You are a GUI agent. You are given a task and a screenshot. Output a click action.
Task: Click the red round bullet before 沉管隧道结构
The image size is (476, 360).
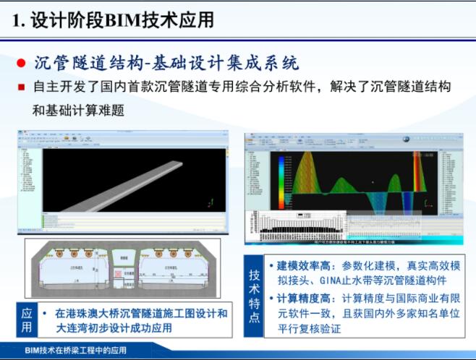coord(22,64)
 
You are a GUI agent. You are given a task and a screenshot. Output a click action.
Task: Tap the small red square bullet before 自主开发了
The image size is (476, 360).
coord(22,87)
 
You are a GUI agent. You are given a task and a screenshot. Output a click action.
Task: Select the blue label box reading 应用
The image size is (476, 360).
coord(27,321)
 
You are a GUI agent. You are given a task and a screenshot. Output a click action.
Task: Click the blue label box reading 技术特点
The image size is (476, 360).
coord(255,296)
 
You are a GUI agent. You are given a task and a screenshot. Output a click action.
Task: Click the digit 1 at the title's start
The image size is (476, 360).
coord(16,20)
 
